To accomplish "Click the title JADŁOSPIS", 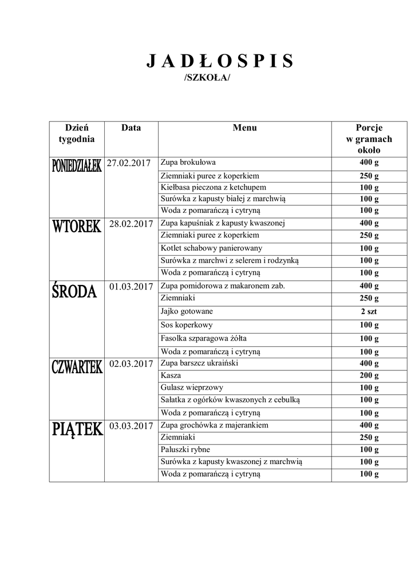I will click(x=220, y=62).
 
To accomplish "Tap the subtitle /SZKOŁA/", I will click(x=207, y=78).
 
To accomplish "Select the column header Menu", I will click(x=244, y=128).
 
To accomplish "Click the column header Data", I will click(x=131, y=128).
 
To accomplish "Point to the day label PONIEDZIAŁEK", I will click(x=76, y=166).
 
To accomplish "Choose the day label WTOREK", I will click(x=76, y=227).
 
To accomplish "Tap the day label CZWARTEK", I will click(x=76, y=367).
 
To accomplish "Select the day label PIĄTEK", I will click(x=76, y=429).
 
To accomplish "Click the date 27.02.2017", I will click(x=130, y=163).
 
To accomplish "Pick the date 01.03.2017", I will click(x=131, y=287).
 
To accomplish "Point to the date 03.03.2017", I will click(x=131, y=426).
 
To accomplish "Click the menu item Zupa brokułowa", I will click(x=188, y=162).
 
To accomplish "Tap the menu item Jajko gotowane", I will click(x=187, y=311).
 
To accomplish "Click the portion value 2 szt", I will click(x=369, y=312).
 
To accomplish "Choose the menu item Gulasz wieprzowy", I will click(x=192, y=387).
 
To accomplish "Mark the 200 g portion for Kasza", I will click(x=369, y=375).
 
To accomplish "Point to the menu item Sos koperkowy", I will click(x=187, y=325).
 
